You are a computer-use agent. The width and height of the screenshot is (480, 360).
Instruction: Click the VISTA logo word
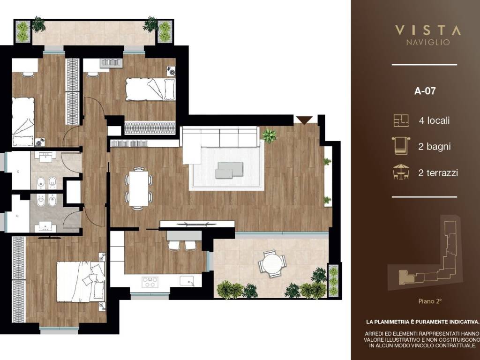tap(427, 30)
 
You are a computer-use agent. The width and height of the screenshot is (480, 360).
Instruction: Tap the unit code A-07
tap(425, 91)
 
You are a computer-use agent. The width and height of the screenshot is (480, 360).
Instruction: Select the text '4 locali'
tap(434, 120)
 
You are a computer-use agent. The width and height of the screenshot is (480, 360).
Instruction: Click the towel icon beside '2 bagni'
tap(401, 146)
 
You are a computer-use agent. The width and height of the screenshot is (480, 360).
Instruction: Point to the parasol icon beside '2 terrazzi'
tap(401, 172)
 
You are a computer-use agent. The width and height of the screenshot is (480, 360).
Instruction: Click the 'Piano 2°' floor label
tap(430, 301)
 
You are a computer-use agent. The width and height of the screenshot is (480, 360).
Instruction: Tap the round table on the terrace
tap(271, 264)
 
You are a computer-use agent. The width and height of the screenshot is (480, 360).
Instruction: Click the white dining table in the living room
tap(139, 188)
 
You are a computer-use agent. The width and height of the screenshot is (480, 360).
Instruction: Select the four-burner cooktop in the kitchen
tap(150, 282)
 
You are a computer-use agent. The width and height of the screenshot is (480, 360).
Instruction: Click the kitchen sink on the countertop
tap(187, 280)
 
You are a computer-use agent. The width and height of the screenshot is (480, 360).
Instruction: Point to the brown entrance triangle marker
tap(304, 120)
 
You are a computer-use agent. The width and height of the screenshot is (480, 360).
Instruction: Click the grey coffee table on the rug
tap(229, 170)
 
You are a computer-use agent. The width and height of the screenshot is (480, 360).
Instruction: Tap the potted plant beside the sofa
tap(269, 135)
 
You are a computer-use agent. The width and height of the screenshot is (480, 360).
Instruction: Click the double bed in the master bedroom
tap(81, 281)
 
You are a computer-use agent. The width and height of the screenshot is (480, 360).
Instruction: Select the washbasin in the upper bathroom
tap(45, 156)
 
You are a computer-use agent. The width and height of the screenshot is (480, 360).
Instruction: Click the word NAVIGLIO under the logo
tap(428, 42)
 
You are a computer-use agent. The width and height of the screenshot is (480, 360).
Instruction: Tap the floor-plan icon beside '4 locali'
tap(401, 120)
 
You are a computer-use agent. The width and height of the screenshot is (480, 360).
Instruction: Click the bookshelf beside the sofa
tap(129, 143)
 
